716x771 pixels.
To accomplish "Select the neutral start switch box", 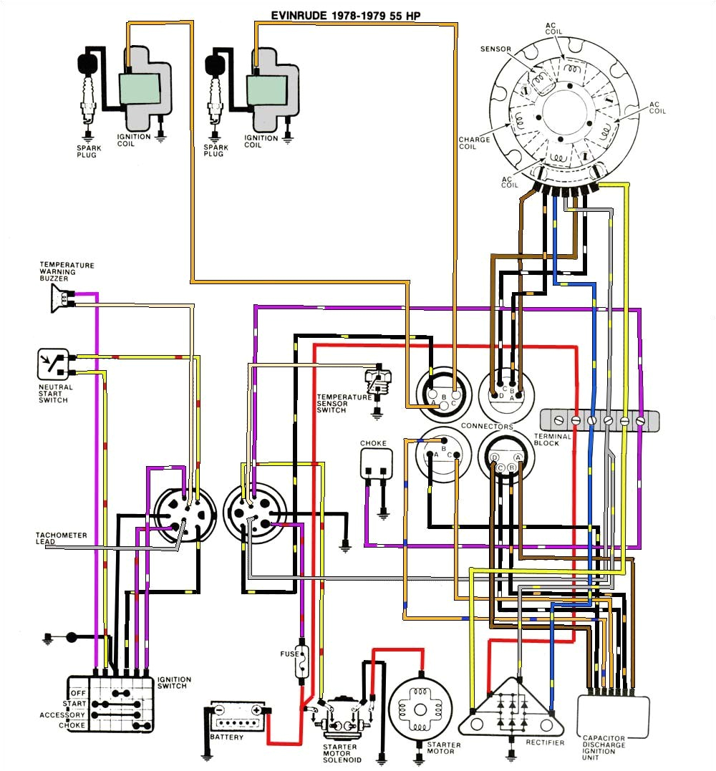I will point(52,364).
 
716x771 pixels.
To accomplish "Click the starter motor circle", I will point(420,708).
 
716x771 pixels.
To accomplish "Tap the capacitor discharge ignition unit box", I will point(613,716).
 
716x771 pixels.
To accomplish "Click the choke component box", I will point(377,465).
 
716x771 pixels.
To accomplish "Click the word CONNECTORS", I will point(487,427).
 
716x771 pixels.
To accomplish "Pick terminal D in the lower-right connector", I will point(495,458).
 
